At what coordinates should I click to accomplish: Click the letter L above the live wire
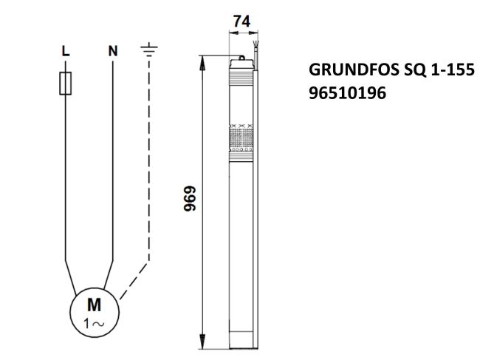[x=65, y=52]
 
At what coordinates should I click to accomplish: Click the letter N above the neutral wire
[x=112, y=52]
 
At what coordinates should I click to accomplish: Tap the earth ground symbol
[x=149, y=51]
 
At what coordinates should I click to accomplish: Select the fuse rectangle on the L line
[x=65, y=84]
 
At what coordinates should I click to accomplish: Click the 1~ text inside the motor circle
[x=95, y=322]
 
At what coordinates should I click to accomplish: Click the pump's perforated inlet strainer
[x=241, y=140]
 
